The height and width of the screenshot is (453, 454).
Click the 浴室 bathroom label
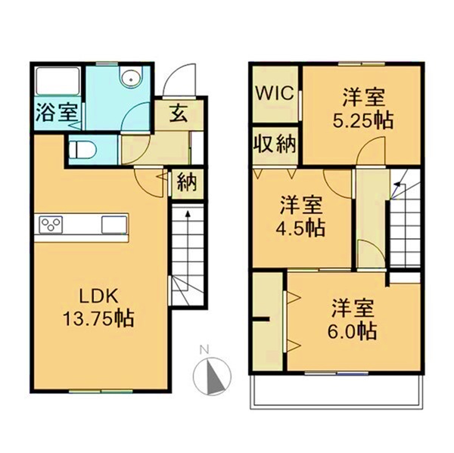click(55, 113)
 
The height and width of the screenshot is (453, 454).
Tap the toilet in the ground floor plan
click(81, 149)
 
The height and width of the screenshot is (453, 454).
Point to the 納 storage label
click(185, 182)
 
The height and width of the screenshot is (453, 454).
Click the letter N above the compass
click(203, 349)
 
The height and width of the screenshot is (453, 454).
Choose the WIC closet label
click(275, 94)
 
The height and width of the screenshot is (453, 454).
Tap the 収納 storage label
click(274, 143)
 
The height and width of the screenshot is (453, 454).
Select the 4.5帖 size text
click(302, 226)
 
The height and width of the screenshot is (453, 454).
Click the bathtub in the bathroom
click(56, 82)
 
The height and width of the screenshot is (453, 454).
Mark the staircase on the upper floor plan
click(405, 227)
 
